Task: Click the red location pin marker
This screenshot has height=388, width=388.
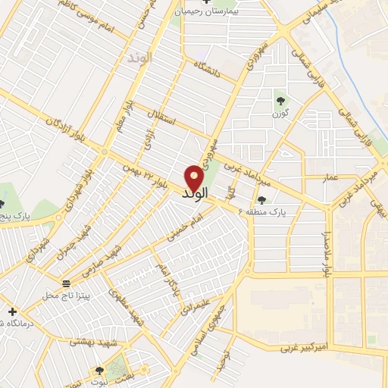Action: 194,177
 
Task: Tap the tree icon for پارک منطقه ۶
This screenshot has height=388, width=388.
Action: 262,200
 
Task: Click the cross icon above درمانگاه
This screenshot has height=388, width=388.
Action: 11,311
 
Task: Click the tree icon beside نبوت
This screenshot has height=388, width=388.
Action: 99,371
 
